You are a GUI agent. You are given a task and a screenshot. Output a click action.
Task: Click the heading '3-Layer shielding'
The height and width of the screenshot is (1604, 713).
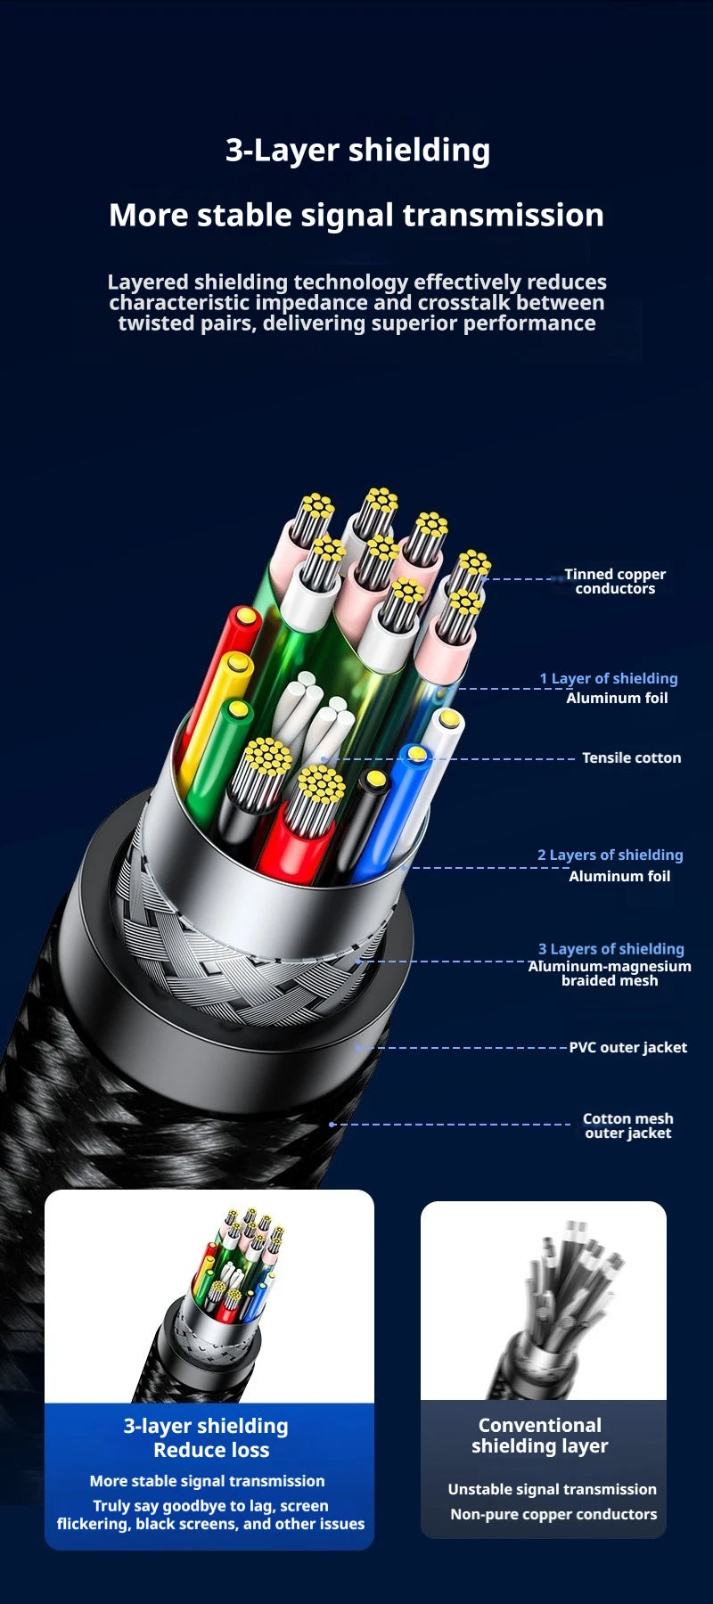click(x=357, y=150)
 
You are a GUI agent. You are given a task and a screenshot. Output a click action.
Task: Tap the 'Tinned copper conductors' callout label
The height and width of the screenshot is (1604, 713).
click(x=615, y=581)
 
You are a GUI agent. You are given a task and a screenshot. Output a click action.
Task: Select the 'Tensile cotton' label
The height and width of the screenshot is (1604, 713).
click(x=631, y=757)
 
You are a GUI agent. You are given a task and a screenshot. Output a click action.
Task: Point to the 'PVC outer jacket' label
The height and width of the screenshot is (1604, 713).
click(x=628, y=1047)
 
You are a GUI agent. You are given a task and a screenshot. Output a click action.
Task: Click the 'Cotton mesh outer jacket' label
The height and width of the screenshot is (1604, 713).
click(x=628, y=1125)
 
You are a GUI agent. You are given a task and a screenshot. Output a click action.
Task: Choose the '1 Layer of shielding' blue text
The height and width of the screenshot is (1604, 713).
click(x=609, y=678)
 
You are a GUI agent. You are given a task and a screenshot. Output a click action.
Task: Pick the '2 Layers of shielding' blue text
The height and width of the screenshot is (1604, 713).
click(x=611, y=855)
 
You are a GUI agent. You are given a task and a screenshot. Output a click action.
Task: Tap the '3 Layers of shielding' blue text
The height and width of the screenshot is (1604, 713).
click(x=611, y=949)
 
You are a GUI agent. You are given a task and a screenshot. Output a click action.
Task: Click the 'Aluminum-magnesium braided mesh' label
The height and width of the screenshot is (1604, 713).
click(x=610, y=973)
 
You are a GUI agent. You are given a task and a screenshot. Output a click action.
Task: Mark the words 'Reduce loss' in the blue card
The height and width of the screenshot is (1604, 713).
click(x=211, y=1450)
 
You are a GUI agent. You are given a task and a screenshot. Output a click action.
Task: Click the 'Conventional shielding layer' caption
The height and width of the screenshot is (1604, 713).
click(x=540, y=1436)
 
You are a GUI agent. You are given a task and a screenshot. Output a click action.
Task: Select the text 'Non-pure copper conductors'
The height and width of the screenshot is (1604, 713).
click(x=553, y=1514)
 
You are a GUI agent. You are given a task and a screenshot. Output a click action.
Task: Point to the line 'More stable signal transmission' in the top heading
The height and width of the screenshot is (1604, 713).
click(x=356, y=216)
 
